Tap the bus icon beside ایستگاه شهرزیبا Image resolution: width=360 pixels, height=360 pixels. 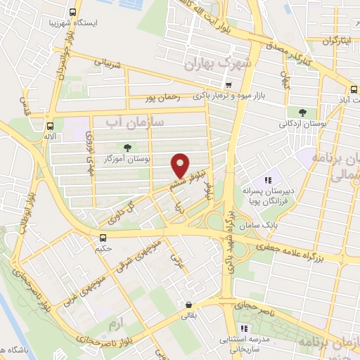pyautogui.click(x=73, y=12)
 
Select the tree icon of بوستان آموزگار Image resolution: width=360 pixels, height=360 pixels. pyautogui.click(x=127, y=147)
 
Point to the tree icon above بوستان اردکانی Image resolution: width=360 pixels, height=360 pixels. pyautogui.click(x=302, y=112)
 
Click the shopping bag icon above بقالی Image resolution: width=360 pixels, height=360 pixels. pyautogui.click(x=188, y=304)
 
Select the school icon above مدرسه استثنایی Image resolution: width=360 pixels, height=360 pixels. pyautogui.click(x=244, y=328)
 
